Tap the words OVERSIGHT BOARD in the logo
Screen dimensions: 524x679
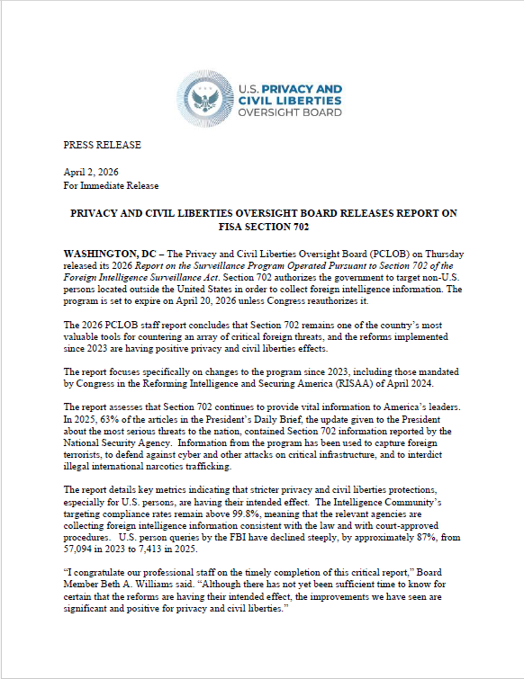click(290, 113)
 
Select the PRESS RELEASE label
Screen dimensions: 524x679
click(102, 145)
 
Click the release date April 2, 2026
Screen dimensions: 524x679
click(90, 172)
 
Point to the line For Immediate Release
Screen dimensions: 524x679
click(111, 185)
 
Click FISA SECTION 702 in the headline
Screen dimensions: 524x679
click(261, 228)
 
